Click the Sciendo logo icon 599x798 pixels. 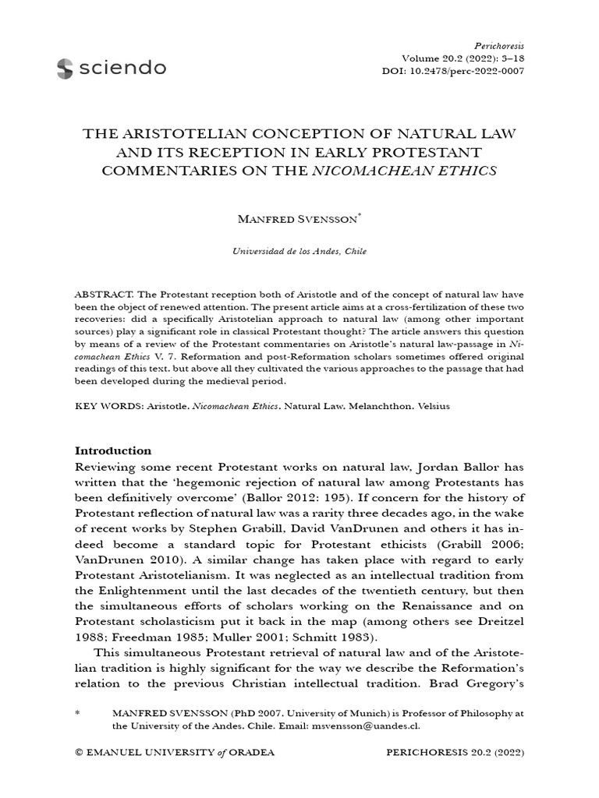tap(65, 69)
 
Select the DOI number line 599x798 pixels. tap(463, 71)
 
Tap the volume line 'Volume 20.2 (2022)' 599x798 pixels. tap(463, 58)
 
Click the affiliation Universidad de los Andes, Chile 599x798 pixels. tap(299, 252)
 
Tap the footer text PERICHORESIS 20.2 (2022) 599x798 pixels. tap(455, 754)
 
